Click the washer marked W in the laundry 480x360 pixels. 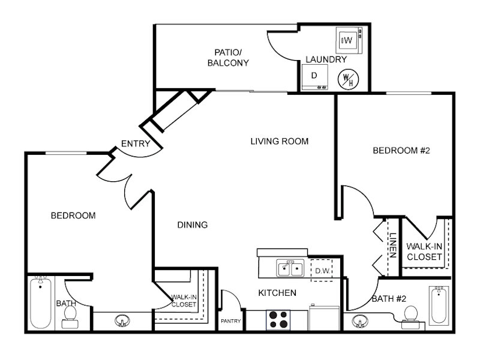point(349,40)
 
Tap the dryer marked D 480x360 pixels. point(314,77)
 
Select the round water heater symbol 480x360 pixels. point(349,79)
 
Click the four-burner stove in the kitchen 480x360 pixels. point(278,320)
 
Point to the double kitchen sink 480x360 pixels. point(290,268)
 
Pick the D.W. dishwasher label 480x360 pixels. point(322,271)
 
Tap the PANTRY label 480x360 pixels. point(231,321)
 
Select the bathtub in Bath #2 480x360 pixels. point(439,305)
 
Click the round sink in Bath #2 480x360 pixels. point(360,322)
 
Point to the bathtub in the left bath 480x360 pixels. point(40,302)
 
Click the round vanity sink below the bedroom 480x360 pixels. point(122,321)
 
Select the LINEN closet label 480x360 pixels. point(393,245)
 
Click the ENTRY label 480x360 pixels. point(136,143)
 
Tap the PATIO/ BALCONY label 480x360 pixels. point(228,58)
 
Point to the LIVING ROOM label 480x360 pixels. point(280,141)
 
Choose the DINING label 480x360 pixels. point(193,225)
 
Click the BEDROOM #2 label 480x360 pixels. point(401,151)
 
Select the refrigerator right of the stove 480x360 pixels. point(325,318)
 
